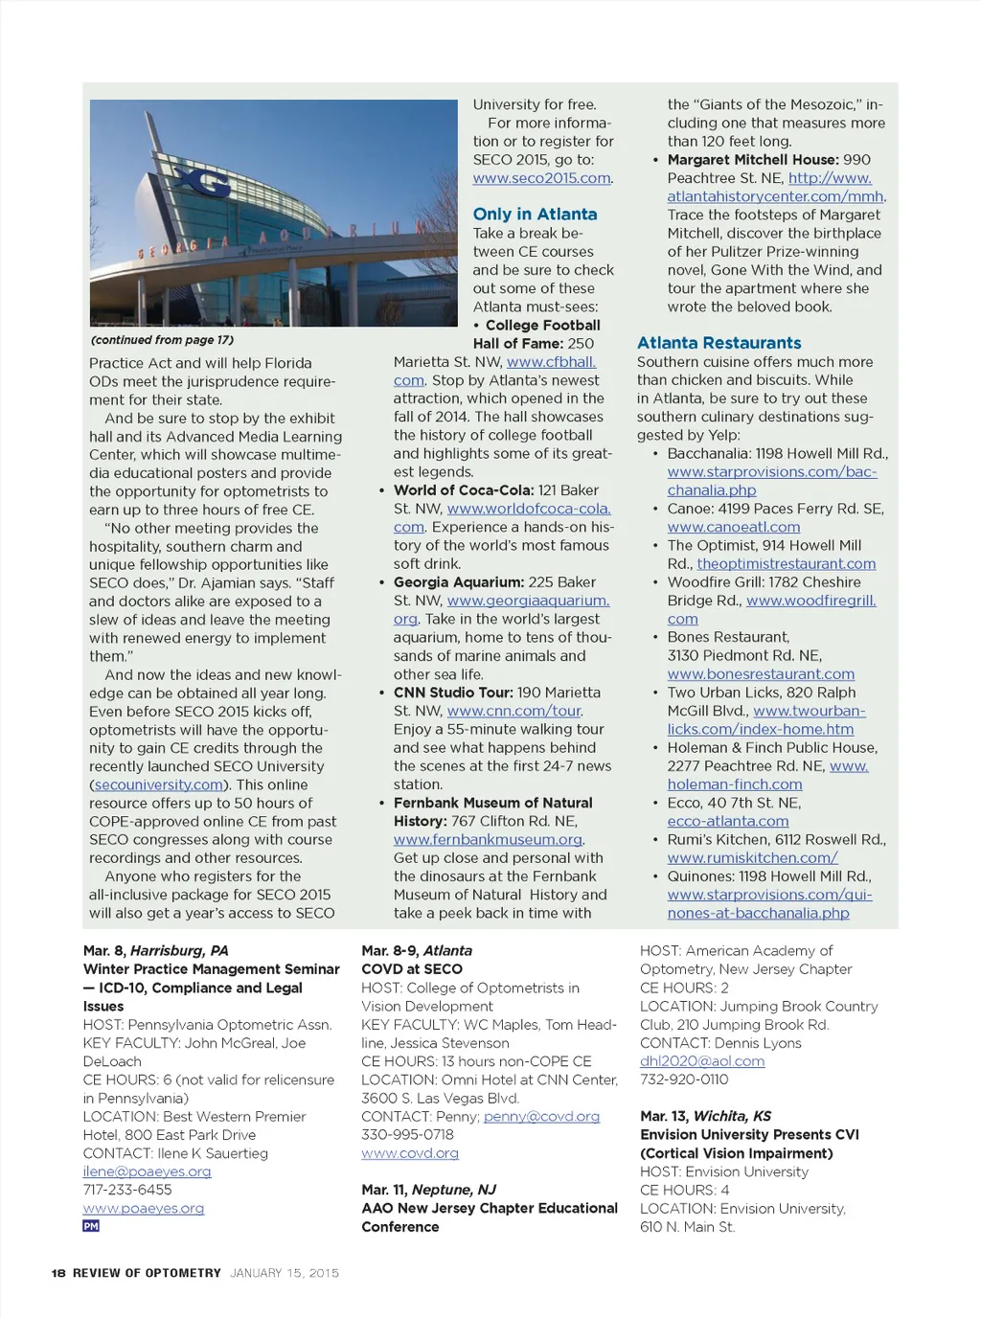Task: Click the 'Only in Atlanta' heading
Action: click(x=535, y=215)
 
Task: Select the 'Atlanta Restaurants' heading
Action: click(x=719, y=343)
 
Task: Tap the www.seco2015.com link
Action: click(x=541, y=178)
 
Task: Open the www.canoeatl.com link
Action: click(x=733, y=527)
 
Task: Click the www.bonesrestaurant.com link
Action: click(x=761, y=674)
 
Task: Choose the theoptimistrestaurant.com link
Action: click(x=786, y=564)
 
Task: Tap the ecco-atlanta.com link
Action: click(x=728, y=821)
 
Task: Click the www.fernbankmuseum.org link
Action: click(x=488, y=840)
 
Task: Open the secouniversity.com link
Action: click(x=158, y=784)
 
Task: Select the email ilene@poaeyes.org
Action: click(x=147, y=1171)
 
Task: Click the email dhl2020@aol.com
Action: click(x=702, y=1061)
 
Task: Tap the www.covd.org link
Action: click(x=410, y=1153)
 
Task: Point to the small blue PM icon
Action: click(x=91, y=1226)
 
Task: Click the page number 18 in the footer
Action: click(x=58, y=1273)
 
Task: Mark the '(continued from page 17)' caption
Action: click(x=162, y=340)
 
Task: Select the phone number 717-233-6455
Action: click(x=127, y=1190)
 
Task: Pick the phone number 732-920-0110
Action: click(x=684, y=1079)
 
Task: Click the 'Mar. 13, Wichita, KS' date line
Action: click(x=705, y=1116)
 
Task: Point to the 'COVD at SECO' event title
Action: click(x=412, y=969)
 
